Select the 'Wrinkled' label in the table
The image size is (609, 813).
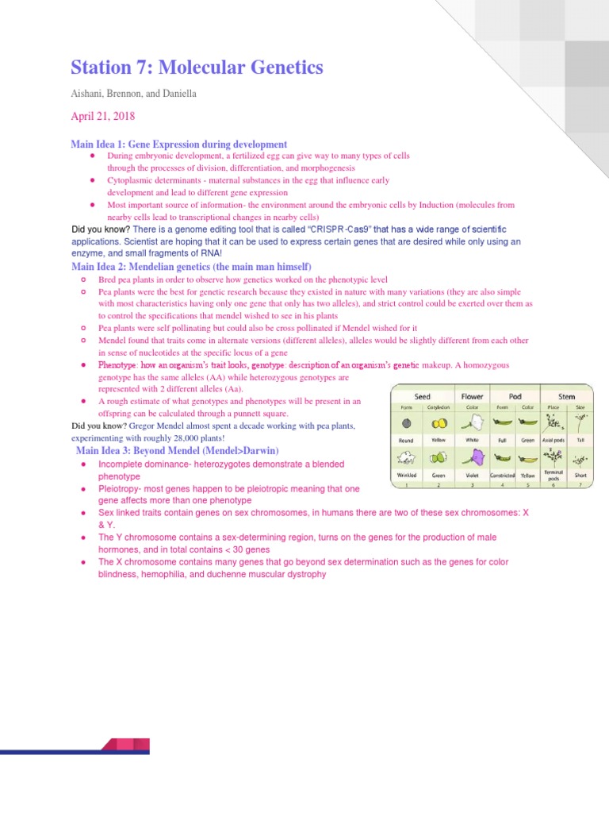tap(407, 476)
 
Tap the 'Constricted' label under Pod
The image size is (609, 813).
tap(502, 476)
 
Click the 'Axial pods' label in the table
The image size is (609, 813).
tap(553, 440)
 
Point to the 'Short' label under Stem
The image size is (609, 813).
tap(580, 476)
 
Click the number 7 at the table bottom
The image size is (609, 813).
tap(580, 484)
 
